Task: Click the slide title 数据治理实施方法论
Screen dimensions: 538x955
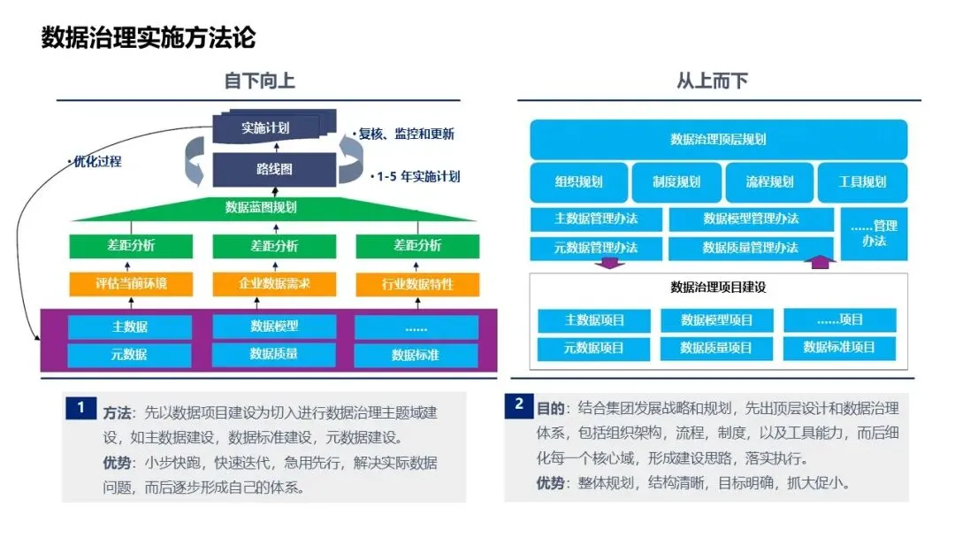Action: click(x=149, y=38)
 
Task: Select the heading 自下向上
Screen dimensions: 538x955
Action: click(x=259, y=81)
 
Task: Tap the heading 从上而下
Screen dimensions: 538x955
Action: click(x=712, y=81)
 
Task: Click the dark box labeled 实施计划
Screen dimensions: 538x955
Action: click(x=265, y=127)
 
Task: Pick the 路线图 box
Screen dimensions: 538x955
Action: click(x=274, y=168)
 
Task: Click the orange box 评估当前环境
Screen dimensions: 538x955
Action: click(x=130, y=284)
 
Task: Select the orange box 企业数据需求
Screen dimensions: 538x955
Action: click(x=274, y=284)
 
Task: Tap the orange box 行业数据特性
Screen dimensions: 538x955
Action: click(x=416, y=284)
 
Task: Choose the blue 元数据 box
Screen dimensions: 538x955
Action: click(x=130, y=355)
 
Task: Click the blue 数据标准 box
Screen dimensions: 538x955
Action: click(x=416, y=355)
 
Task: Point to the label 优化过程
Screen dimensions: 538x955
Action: click(x=95, y=162)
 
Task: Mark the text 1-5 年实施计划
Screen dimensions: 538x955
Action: click(x=416, y=176)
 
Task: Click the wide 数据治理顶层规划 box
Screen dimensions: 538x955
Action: click(x=718, y=139)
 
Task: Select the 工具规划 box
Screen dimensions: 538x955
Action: click(x=862, y=182)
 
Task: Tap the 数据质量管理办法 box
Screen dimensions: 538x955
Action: click(x=751, y=248)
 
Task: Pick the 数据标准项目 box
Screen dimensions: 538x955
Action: click(x=839, y=347)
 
